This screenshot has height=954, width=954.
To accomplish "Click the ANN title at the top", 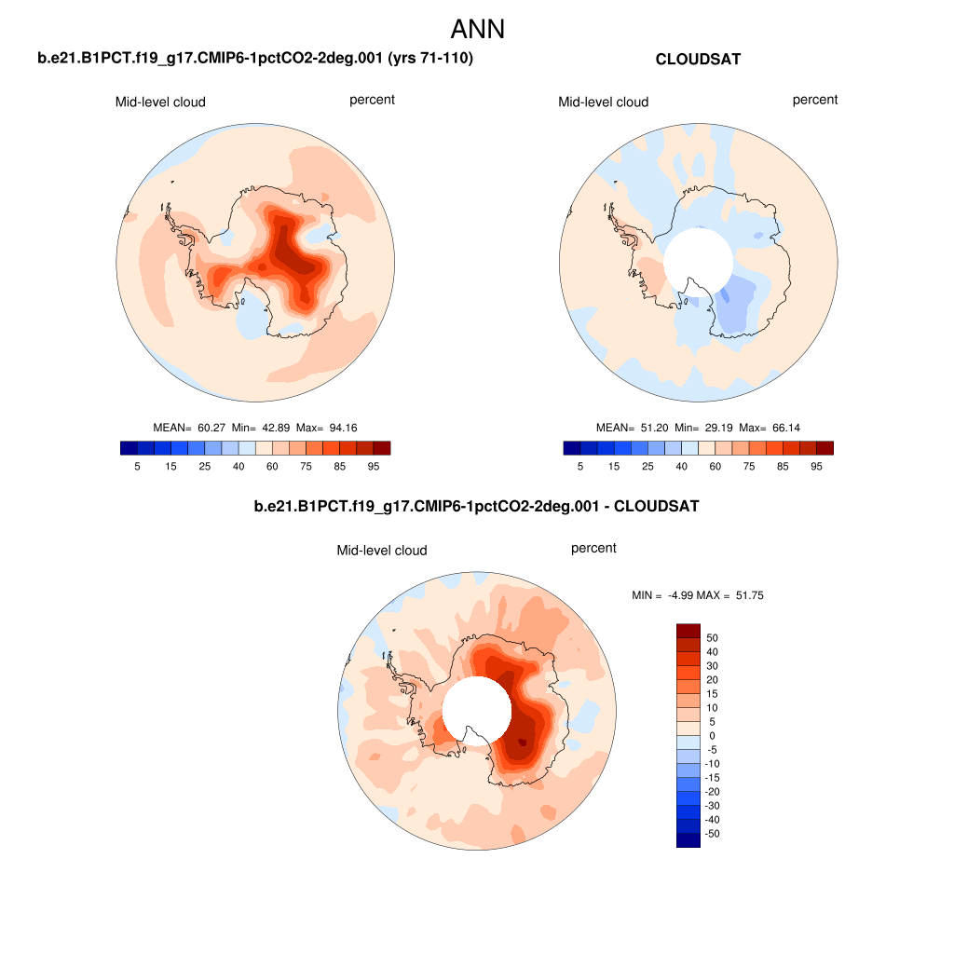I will [477, 29].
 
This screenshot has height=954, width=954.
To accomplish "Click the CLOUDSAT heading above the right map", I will [698, 60].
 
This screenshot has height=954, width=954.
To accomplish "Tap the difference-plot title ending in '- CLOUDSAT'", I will [476, 508].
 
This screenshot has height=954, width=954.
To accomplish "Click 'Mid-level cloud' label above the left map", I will [160, 102].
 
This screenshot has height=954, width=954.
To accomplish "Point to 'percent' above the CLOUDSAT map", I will [815, 100].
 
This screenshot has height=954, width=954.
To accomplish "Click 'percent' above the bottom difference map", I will [593, 549].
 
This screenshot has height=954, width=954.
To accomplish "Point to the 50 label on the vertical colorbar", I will [713, 638].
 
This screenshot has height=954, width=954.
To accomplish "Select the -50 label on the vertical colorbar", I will [715, 834].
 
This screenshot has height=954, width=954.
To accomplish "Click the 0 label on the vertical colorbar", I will [712, 736].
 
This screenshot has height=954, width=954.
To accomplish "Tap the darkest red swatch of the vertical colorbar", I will [688, 631].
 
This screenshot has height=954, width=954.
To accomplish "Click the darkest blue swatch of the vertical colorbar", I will [688, 840].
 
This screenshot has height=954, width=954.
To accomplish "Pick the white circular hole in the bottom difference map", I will [475, 708].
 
